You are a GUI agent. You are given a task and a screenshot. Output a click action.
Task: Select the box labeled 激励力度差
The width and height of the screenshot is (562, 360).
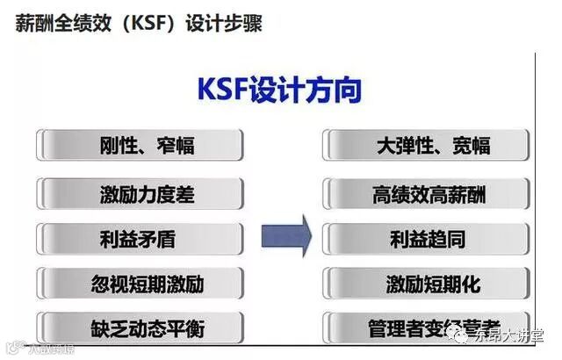[140, 193]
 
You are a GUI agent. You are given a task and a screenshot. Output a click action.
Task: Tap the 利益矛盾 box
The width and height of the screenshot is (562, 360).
[140, 238]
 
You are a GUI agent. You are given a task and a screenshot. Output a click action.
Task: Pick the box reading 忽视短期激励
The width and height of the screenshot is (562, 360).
[140, 284]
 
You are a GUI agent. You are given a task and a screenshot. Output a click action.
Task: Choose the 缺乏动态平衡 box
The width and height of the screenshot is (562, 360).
[140, 328]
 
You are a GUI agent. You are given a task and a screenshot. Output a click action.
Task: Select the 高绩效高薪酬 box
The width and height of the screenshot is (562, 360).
[427, 193]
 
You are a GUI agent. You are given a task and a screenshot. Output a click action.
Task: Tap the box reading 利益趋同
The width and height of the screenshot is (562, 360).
[427, 238]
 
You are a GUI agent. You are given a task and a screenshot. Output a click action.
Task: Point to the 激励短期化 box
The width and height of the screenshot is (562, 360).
[427, 284]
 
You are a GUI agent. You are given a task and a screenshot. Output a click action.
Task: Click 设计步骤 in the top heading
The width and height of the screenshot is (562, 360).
[223, 23]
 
